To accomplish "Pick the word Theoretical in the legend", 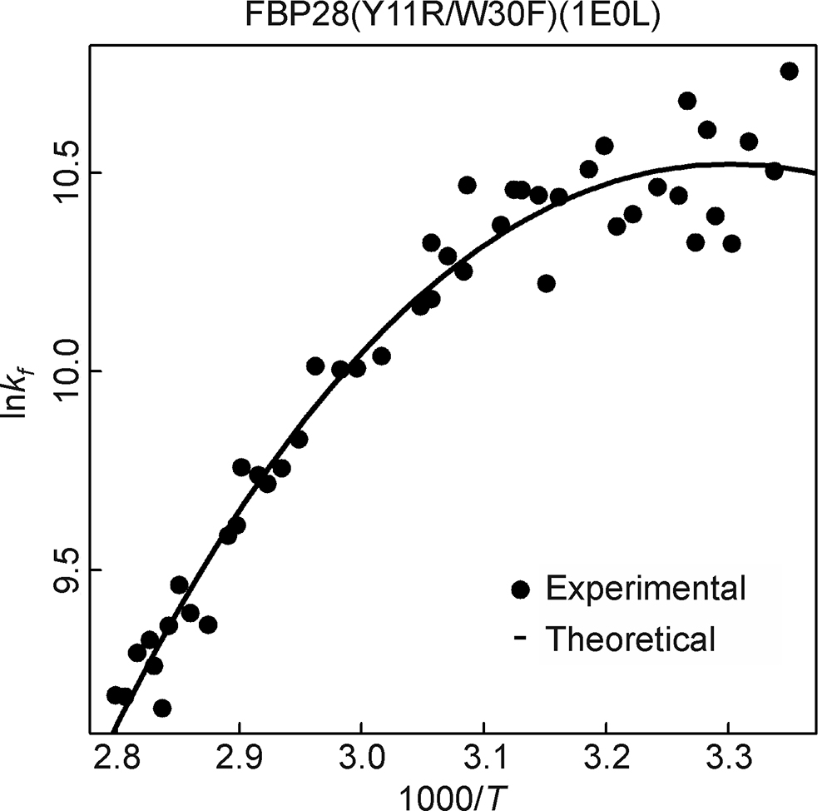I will point(630,639).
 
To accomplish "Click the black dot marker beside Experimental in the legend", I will point(522,589).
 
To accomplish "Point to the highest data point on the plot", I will point(790,71).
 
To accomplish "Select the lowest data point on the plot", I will point(162,708).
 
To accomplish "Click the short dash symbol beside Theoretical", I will point(521,639).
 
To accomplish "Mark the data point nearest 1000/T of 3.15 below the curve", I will point(546,283).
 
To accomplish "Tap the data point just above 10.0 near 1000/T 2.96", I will point(315,366).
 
